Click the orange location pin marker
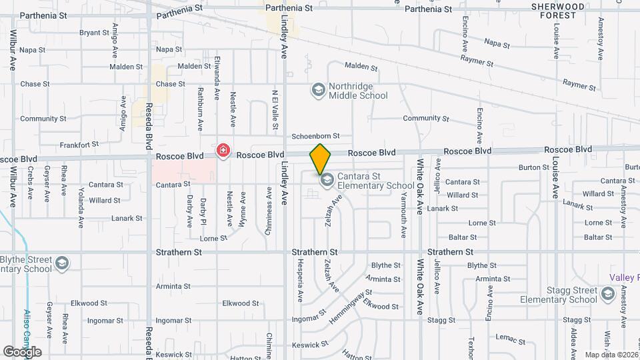[320, 159]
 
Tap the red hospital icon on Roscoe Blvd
[223, 151]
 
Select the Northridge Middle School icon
[319, 89]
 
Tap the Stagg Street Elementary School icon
[607, 294]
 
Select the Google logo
[22, 351]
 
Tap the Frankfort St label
[79, 143]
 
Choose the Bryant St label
[94, 32]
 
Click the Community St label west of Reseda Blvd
[43, 119]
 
